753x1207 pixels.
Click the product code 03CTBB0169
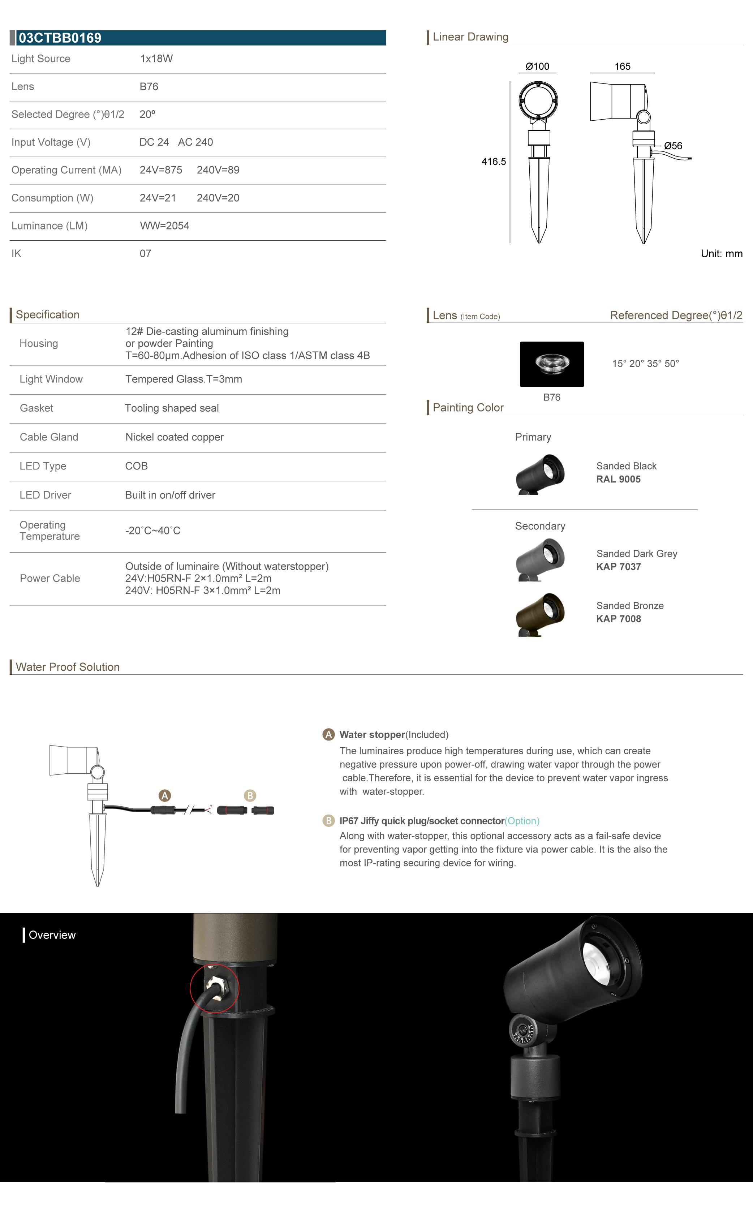click(60, 38)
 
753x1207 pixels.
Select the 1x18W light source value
click(156, 59)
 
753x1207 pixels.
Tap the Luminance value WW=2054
click(164, 226)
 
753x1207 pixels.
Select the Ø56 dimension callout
click(673, 146)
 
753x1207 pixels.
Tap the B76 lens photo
click(551, 364)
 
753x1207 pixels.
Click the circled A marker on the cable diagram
click(164, 795)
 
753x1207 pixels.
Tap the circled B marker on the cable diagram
click(250, 795)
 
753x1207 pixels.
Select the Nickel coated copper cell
click(174, 437)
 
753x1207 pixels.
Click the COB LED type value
click(137, 466)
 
